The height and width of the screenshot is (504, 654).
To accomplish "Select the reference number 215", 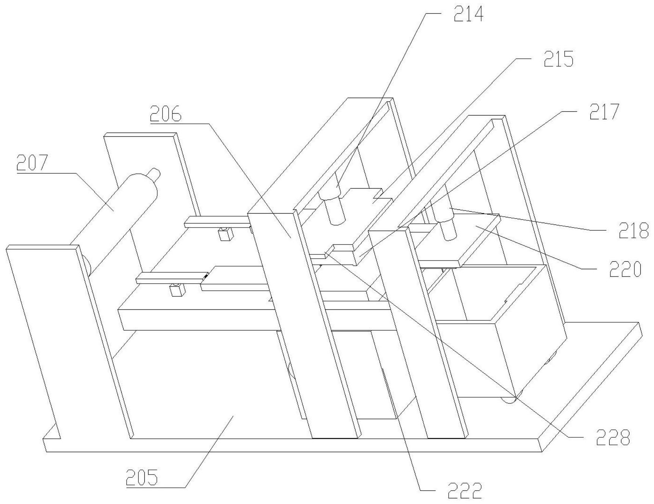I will tap(558, 59).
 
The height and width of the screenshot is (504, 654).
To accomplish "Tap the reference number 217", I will tap(604, 112).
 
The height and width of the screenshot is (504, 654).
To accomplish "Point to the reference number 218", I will tap(634, 230).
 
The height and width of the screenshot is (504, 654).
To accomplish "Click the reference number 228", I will tap(613, 438).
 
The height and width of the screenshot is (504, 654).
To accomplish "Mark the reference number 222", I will tap(465, 491).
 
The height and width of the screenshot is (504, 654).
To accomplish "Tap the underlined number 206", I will tap(166, 113).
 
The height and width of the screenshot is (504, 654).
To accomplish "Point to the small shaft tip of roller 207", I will tap(155, 173).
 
